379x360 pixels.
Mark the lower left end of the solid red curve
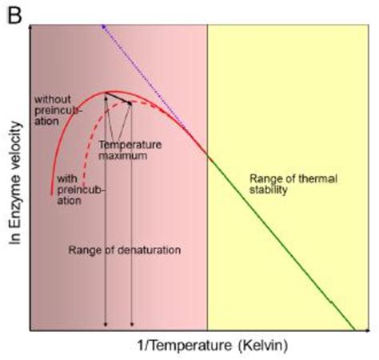coord(51,193)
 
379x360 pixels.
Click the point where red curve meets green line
coord(208,155)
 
